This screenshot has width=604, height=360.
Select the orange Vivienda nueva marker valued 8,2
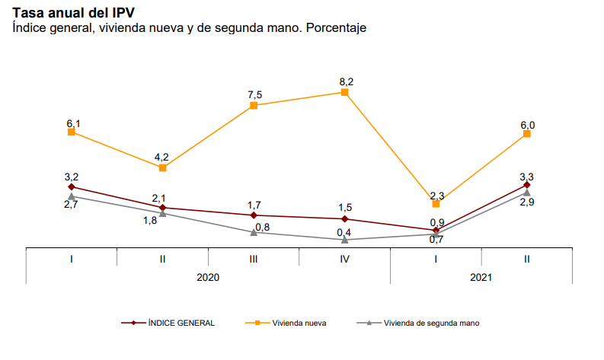[345, 92]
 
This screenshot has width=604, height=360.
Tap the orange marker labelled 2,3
[436, 204]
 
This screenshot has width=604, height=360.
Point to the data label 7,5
[254, 94]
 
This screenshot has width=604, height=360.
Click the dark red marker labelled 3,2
[72, 186]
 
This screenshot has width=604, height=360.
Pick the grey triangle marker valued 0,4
[345, 240]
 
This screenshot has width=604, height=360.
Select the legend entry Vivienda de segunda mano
[431, 323]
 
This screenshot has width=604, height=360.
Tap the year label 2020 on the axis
[208, 278]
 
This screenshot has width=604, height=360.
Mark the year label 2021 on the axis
[481, 278]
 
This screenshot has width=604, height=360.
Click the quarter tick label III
[254, 259]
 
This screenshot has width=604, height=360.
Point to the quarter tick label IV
[345, 259]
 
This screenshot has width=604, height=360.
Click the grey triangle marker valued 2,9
[527, 193]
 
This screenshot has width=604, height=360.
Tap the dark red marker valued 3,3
[527, 185]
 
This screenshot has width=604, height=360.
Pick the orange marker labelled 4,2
[163, 167]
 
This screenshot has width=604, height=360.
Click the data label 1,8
[150, 221]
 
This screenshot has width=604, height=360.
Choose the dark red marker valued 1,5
[345, 219]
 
